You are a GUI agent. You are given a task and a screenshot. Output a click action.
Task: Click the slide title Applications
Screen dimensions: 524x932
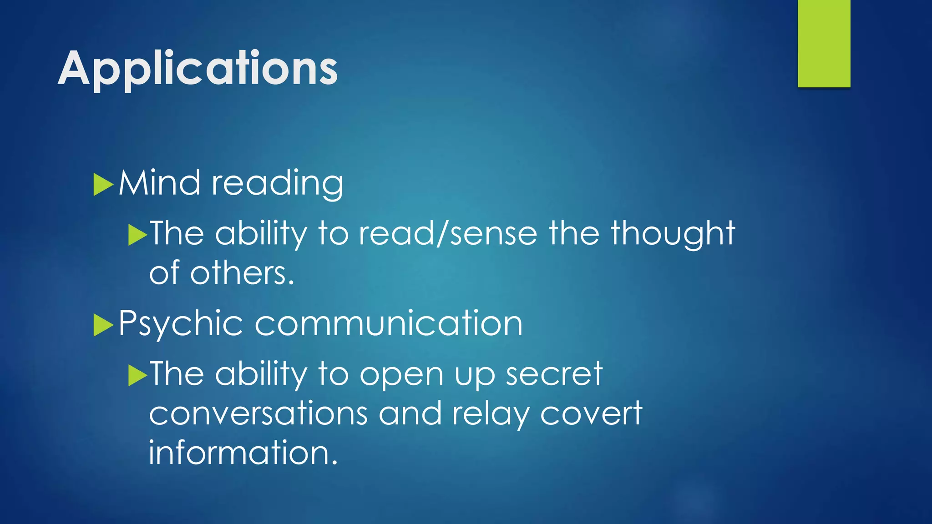point(198,68)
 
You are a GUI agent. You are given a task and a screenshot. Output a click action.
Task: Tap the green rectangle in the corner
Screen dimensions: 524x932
point(824,44)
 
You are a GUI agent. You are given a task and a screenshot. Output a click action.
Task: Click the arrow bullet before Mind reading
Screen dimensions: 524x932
point(103,184)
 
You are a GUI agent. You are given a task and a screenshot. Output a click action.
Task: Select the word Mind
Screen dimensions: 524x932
point(159,183)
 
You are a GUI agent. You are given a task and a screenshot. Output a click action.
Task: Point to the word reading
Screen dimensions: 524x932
point(278,184)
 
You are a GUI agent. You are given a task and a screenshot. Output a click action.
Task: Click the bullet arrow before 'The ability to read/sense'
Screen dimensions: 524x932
point(137,235)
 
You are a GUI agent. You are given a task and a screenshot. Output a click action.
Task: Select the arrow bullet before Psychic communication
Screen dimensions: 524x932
point(103,325)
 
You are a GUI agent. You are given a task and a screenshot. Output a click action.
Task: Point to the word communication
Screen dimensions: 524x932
point(389,323)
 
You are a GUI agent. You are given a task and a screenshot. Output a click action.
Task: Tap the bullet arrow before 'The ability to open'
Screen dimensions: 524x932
point(137,375)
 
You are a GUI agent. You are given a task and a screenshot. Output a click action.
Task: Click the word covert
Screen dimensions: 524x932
point(591,414)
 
